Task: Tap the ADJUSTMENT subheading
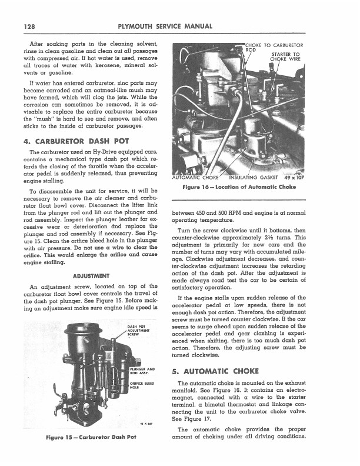coord(89,274)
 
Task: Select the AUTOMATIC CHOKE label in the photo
coord(195,176)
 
